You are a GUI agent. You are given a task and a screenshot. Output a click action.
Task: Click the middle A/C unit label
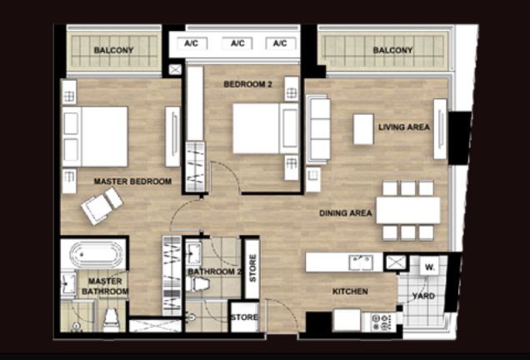click(237, 43)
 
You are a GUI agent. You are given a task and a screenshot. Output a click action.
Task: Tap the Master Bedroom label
click(132, 182)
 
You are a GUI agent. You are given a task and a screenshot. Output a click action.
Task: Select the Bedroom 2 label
click(247, 84)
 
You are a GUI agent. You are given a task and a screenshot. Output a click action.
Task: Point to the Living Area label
click(404, 127)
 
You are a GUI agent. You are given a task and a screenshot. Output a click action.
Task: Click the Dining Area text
click(346, 213)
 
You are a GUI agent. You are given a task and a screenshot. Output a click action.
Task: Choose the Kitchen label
click(350, 292)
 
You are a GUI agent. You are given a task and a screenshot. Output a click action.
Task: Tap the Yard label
click(423, 296)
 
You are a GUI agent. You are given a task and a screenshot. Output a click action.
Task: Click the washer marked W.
click(430, 267)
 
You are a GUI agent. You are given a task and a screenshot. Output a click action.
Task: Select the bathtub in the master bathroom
click(96, 254)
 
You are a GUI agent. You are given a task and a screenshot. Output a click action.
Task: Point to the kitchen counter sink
click(361, 262)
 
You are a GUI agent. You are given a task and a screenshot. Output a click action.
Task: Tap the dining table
click(408, 210)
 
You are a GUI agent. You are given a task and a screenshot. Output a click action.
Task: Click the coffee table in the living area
click(363, 129)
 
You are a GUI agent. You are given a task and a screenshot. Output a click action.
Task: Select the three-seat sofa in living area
click(317, 129)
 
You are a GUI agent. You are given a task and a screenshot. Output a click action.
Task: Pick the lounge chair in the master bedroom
click(102, 206)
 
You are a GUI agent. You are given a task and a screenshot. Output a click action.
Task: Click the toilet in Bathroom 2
click(197, 283)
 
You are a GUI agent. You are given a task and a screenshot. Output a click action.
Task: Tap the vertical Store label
click(252, 268)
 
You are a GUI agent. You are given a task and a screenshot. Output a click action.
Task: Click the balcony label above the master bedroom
click(113, 50)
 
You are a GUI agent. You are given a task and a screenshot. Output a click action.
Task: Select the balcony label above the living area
click(392, 50)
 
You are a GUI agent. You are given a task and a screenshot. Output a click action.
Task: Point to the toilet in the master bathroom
click(111, 320)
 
